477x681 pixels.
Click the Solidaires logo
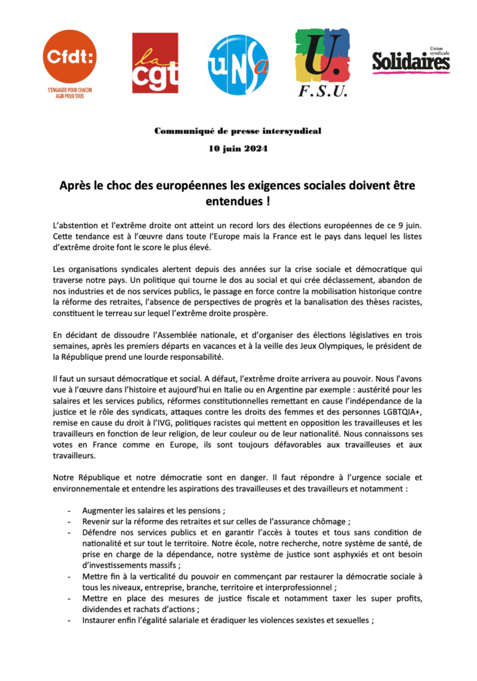click(410, 61)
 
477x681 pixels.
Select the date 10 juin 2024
click(238, 148)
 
